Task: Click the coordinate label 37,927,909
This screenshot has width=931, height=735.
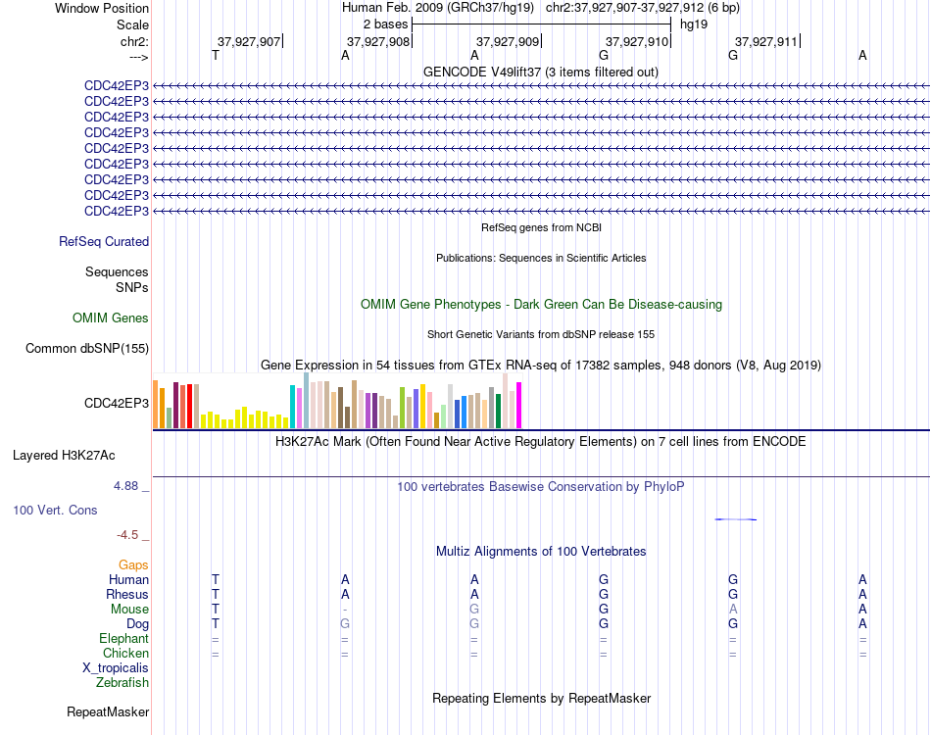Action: [507, 41]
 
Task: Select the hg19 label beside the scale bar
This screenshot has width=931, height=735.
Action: [694, 24]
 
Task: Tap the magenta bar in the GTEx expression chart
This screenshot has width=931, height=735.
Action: [519, 405]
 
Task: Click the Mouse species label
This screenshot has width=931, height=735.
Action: [129, 610]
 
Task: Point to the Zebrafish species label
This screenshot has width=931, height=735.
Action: [122, 683]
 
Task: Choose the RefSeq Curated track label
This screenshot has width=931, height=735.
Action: [104, 242]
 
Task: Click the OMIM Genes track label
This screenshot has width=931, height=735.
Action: [111, 318]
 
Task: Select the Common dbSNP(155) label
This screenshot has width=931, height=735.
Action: [87, 349]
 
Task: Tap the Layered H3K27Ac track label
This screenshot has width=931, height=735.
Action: [64, 456]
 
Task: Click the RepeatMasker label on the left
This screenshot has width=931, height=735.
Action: [108, 711]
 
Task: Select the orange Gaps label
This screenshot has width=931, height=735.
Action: [133, 565]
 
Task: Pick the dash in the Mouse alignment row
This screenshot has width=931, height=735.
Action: [345, 610]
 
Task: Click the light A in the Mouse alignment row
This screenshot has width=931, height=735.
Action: [733, 610]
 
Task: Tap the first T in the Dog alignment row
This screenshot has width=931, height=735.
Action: [216, 624]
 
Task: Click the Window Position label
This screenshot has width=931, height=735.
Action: [102, 8]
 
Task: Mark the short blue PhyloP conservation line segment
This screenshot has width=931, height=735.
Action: [736, 519]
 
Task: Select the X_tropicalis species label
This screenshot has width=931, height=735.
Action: [116, 668]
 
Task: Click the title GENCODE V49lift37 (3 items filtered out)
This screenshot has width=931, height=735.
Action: [541, 72]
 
